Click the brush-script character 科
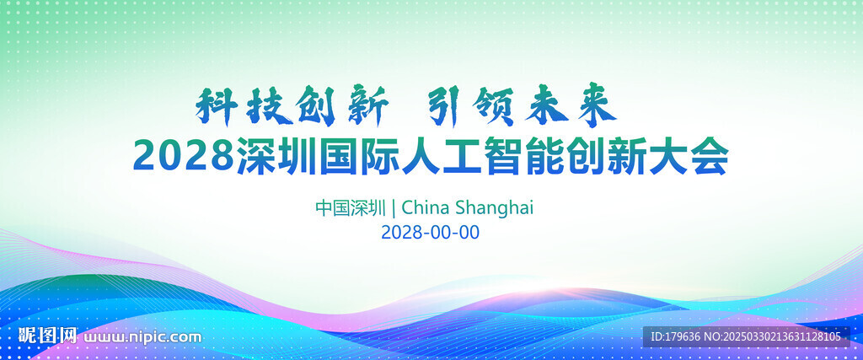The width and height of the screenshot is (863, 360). (217, 105)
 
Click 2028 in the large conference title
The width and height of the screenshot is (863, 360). (184, 156)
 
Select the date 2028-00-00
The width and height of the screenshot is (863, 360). (431, 233)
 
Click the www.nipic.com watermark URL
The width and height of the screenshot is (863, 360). (142, 337)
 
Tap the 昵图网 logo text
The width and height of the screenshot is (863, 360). (48, 336)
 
